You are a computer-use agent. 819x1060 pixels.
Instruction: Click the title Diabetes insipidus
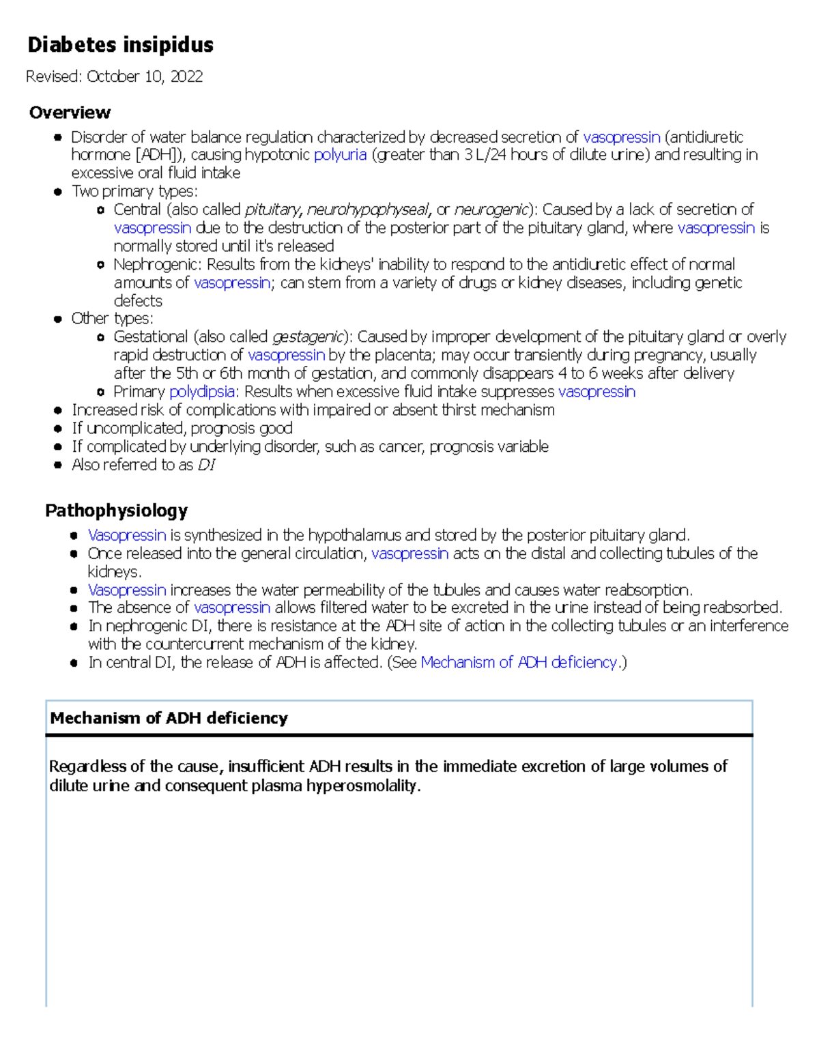[x=120, y=45]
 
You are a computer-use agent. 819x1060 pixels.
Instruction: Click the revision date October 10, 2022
[x=144, y=76]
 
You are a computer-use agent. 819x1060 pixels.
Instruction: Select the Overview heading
[x=70, y=113]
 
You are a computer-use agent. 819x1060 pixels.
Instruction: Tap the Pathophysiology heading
[x=116, y=511]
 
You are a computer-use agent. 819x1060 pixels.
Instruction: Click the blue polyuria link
[x=340, y=155]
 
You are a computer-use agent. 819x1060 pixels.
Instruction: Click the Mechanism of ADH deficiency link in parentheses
[x=518, y=663]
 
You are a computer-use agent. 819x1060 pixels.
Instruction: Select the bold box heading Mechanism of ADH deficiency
[x=169, y=718]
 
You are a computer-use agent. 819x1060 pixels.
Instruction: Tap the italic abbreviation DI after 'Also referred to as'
[x=206, y=465]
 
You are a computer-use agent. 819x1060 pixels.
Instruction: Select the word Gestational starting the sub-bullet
[x=150, y=337]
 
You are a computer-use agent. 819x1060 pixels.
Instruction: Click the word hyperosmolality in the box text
[x=362, y=786]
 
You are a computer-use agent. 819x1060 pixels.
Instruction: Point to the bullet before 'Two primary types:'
[x=58, y=192]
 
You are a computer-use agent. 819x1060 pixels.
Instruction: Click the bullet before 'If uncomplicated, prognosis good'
[x=58, y=429]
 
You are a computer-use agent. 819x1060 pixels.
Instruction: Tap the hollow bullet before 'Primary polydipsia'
[x=101, y=392]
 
